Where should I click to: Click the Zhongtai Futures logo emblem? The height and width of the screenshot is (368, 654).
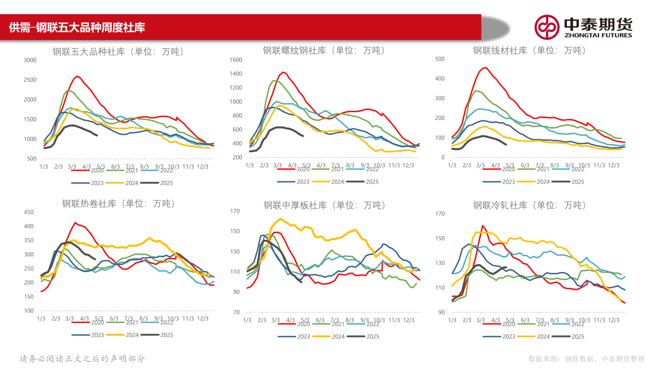coord(546,27)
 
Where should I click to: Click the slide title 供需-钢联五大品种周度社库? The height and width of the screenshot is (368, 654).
coord(77,28)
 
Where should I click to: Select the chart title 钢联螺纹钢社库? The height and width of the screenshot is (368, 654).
coord(323,50)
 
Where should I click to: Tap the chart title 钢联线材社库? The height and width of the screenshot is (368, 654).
coord(530,50)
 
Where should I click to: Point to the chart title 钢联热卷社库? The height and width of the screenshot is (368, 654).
coord(119,204)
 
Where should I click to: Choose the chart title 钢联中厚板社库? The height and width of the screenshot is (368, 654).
coord(324,205)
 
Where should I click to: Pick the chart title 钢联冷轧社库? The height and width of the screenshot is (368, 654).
coord(530,205)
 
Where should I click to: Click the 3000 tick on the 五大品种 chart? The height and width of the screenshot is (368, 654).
coord(30,60)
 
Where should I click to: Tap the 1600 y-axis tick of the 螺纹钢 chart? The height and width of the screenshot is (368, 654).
coord(236,60)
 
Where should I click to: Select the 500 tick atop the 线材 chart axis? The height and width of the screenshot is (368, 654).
coord(440,59)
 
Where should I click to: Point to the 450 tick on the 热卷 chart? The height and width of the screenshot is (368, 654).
coord(29,212)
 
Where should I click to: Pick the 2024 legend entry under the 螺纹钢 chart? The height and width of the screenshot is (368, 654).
coord(337,182)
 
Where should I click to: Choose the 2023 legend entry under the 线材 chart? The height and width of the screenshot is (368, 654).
coord(508,182)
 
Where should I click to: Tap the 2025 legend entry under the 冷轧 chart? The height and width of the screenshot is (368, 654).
coord(577,337)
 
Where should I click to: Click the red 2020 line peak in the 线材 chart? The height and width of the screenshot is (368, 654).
coord(486,68)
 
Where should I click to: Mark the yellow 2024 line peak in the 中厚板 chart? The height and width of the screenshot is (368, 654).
coord(281,219)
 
